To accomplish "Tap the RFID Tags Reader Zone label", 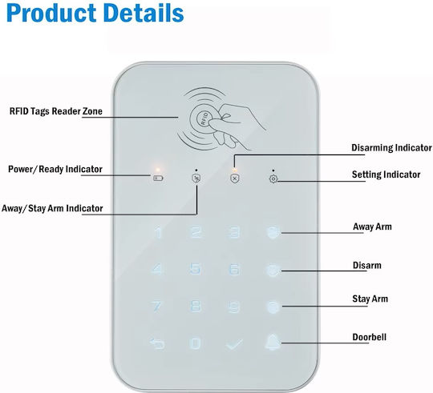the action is (56, 111).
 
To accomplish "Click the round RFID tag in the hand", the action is (204, 118).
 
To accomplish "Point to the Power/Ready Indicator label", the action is (55, 169).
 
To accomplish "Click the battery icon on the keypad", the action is (158, 178).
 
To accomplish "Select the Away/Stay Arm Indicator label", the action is (52, 208).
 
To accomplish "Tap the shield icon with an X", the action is (235, 178).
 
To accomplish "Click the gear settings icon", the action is (273, 178).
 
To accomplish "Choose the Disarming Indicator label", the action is (391, 148).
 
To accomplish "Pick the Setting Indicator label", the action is (386, 174).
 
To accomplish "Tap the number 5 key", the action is (196, 268).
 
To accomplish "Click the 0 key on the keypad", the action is (196, 343).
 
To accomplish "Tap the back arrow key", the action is (157, 343).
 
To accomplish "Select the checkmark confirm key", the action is (234, 344).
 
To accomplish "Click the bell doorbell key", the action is (273, 342).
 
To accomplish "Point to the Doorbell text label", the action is (369, 337).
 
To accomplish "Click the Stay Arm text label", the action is (370, 299).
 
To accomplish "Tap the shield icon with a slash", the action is (196, 178).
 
